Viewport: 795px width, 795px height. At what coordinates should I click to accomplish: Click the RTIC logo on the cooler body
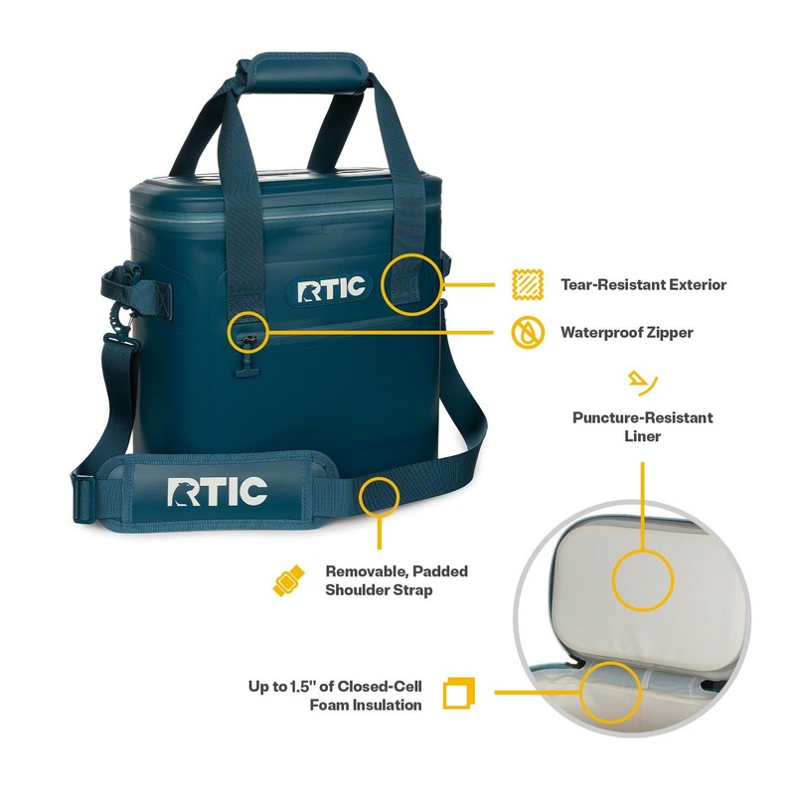pyautogui.click(x=331, y=289)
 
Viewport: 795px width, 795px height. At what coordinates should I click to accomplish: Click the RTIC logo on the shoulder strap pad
pyautogui.click(x=217, y=491)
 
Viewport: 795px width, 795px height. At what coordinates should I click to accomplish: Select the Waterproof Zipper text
pyautogui.click(x=626, y=332)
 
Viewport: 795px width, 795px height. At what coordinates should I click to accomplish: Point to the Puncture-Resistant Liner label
pyautogui.click(x=642, y=426)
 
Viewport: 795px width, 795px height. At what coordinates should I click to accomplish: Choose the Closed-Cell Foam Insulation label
pyautogui.click(x=336, y=695)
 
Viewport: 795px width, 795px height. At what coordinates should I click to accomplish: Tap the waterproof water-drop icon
pyautogui.click(x=527, y=332)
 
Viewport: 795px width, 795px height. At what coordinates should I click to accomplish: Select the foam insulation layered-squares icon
pyautogui.click(x=458, y=694)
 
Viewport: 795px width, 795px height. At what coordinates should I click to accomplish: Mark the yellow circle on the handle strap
pyautogui.click(x=411, y=283)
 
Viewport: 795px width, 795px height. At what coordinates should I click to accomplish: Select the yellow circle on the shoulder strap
pyautogui.click(x=380, y=494)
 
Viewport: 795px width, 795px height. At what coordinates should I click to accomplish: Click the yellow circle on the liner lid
pyautogui.click(x=642, y=578)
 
